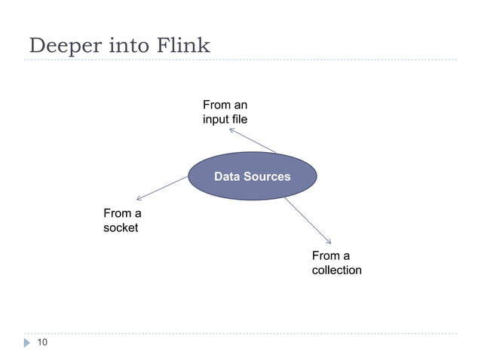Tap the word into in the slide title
click(x=126, y=46)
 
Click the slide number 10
click(x=42, y=343)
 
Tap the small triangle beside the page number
click(x=28, y=343)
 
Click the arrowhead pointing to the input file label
click(x=231, y=130)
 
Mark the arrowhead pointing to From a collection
click(x=329, y=242)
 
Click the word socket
click(x=121, y=227)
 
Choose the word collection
click(x=336, y=270)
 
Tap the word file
click(x=240, y=119)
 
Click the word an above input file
click(x=240, y=105)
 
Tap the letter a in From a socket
click(x=137, y=213)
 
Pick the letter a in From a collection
click(x=346, y=255)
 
